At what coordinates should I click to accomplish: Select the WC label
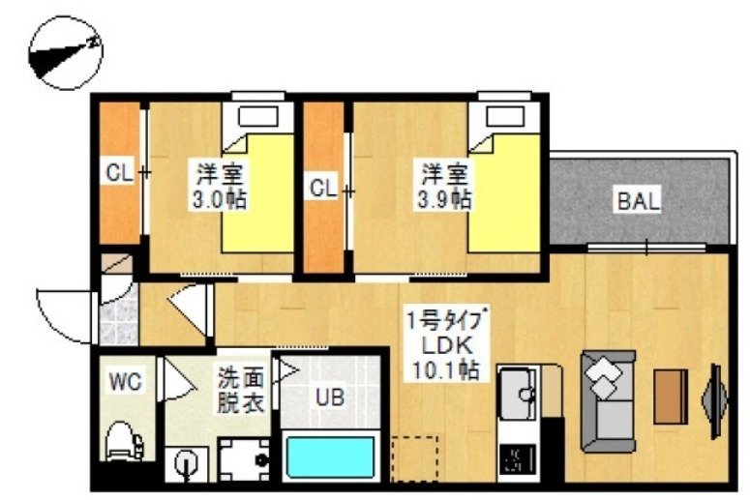[126, 383]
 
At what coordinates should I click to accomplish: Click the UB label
[328, 396]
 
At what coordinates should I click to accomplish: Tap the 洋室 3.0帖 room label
[221, 188]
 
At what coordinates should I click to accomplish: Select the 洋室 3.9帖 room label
[445, 188]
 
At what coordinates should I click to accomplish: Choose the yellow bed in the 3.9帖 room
[504, 193]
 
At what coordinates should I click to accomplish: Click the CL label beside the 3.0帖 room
[119, 174]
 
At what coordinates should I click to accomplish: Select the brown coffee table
[671, 396]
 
